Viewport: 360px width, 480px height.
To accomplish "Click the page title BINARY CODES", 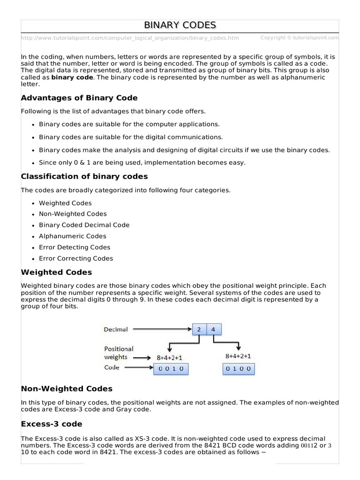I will (180, 25).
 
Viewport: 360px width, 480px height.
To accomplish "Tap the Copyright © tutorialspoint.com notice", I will (300, 37).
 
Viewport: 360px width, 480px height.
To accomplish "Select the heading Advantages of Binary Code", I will (79, 97).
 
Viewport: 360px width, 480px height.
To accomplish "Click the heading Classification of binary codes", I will (84, 176).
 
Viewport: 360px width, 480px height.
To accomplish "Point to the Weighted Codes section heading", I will (56, 272).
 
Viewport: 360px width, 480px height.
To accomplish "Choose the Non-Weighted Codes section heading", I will (67, 389).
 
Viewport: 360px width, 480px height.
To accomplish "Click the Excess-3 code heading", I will (52, 424).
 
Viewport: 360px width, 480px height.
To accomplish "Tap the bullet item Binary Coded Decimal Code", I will (84, 225).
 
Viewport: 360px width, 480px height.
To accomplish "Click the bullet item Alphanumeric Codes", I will (72, 236).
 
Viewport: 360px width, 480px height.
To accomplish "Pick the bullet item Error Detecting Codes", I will (75, 247).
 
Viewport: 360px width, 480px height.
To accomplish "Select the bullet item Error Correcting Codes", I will (76, 258).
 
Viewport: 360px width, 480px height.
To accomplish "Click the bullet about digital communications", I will (131, 137).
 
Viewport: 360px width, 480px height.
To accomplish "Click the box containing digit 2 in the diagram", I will (199, 330).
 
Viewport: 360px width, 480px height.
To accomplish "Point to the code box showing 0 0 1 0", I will (172, 369).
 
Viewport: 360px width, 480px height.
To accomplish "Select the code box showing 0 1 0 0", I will (239, 369).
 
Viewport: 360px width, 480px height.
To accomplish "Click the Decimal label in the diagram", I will (115, 330).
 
